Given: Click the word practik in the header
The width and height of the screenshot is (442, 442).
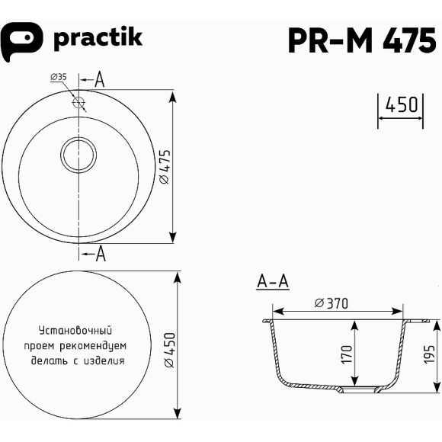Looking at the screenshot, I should (x=98, y=39).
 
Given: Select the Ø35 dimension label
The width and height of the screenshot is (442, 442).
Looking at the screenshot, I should (x=59, y=77).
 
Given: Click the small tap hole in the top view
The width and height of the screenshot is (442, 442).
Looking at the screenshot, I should (x=78, y=101).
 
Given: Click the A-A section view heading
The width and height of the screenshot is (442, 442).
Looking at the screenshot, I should (x=272, y=283).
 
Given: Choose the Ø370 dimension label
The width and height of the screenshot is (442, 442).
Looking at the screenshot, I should (x=331, y=303).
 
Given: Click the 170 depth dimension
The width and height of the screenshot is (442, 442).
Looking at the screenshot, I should (x=348, y=354).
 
